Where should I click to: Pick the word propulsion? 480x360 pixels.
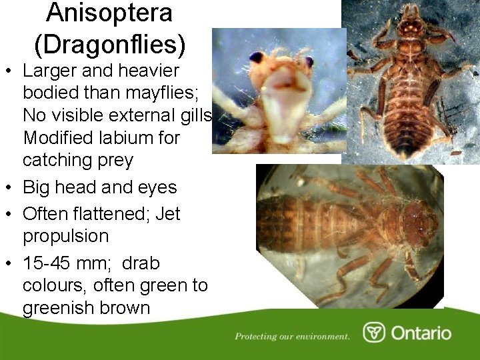(65, 237)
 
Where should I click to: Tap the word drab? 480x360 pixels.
(140, 263)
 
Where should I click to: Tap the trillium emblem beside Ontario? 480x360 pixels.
(374, 333)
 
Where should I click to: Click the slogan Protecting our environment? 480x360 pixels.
(292, 337)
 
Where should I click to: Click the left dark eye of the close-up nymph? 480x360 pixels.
(257, 57)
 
